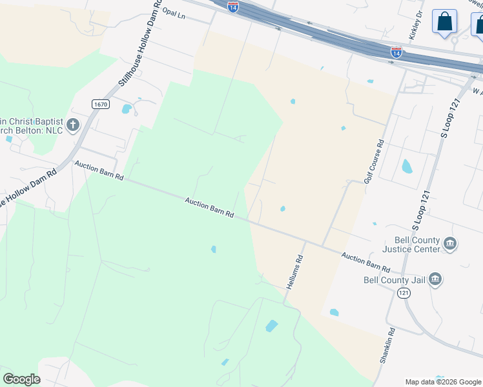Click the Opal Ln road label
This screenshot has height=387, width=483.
coord(174,13)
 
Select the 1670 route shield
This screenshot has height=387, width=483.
coord(100,104)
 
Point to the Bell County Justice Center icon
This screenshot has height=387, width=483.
coord(450,244)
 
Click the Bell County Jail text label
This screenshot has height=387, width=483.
coord(394,280)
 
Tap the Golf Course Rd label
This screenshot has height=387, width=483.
coord(374,161)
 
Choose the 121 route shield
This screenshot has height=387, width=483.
coord(404,293)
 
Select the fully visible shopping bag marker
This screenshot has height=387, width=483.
coord(444,22)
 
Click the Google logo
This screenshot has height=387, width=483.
coord(21,379)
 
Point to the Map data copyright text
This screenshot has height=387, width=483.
coord(443,382)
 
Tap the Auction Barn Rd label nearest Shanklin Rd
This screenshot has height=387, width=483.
coord(366,262)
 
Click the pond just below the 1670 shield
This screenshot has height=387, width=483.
coord(127,109)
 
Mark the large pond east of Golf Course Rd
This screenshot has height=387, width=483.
coord(407,166)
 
